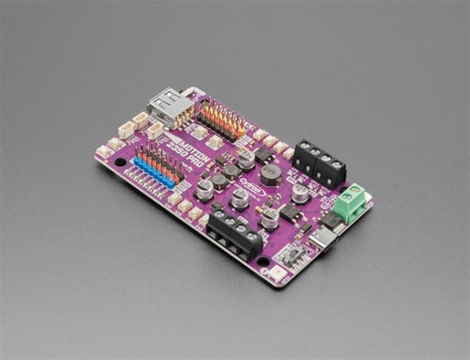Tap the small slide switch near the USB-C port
tap(293, 254)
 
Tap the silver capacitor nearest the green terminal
tap(300, 193)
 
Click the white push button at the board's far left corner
tap(106, 153)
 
